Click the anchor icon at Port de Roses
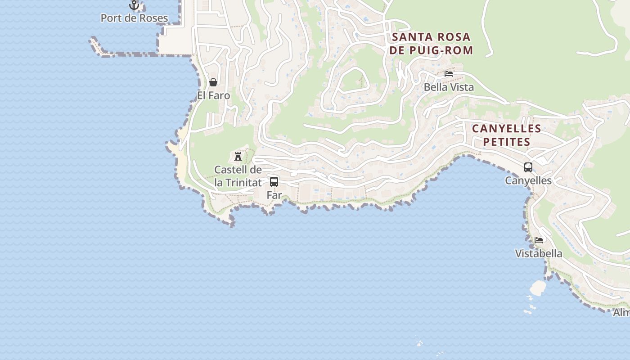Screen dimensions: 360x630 [x=134, y=5]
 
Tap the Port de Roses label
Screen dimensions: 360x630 [x=134, y=18]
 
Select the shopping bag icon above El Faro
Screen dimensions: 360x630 [x=213, y=82]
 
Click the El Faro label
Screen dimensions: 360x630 [x=213, y=96]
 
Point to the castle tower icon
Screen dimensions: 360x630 [x=238, y=157]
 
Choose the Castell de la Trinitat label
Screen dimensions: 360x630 [x=238, y=176]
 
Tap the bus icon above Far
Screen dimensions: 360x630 [x=274, y=182]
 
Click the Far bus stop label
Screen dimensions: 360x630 [x=274, y=195]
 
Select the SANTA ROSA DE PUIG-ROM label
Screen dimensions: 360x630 [x=431, y=43]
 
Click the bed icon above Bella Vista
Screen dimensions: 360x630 [x=448, y=74]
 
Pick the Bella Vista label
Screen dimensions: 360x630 [x=449, y=87]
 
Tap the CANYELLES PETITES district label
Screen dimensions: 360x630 [x=506, y=135]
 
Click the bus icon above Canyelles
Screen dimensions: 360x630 [x=528, y=167]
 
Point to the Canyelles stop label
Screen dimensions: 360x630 [x=528, y=181]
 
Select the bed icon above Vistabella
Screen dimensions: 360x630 [x=539, y=240]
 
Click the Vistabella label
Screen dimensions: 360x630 [x=539, y=254]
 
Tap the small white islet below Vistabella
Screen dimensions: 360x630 [x=538, y=286]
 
